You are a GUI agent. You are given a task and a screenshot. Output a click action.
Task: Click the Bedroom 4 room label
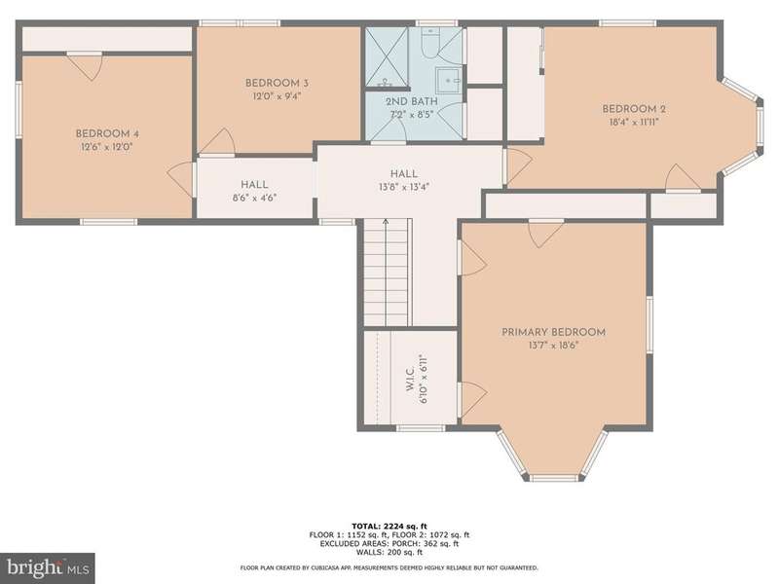107,134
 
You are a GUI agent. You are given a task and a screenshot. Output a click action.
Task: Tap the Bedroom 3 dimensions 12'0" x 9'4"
278,96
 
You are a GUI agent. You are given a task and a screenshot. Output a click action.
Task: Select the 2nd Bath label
412,102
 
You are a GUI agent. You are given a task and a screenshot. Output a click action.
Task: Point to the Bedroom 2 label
634,109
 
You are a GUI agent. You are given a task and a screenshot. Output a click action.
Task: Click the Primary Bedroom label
553,332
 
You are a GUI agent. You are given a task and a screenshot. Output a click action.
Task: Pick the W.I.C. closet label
410,380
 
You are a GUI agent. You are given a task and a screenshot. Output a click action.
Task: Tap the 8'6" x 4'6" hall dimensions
254,198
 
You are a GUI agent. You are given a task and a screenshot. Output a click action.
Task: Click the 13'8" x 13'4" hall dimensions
403,187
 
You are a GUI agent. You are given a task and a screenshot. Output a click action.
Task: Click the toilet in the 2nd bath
428,42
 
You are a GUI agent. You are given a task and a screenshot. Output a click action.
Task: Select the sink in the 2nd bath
449,81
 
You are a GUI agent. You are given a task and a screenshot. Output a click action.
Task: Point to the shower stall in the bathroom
387,57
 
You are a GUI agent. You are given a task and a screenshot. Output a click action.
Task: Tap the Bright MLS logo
48,567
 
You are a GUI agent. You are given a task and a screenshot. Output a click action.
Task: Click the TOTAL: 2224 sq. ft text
389,526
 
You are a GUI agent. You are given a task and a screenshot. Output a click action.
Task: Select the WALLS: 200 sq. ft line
389,552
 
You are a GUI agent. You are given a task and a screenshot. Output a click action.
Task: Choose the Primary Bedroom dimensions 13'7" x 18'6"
553,346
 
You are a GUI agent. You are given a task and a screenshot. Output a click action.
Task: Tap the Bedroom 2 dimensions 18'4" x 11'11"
634,123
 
